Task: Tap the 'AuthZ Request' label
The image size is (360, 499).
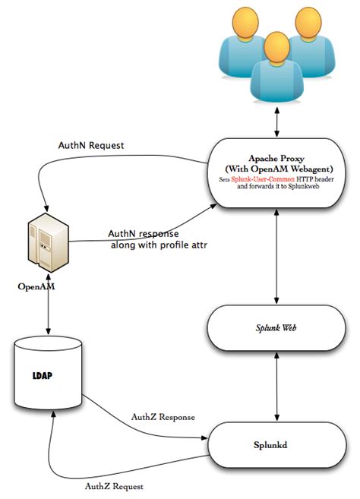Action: tap(113, 484)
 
